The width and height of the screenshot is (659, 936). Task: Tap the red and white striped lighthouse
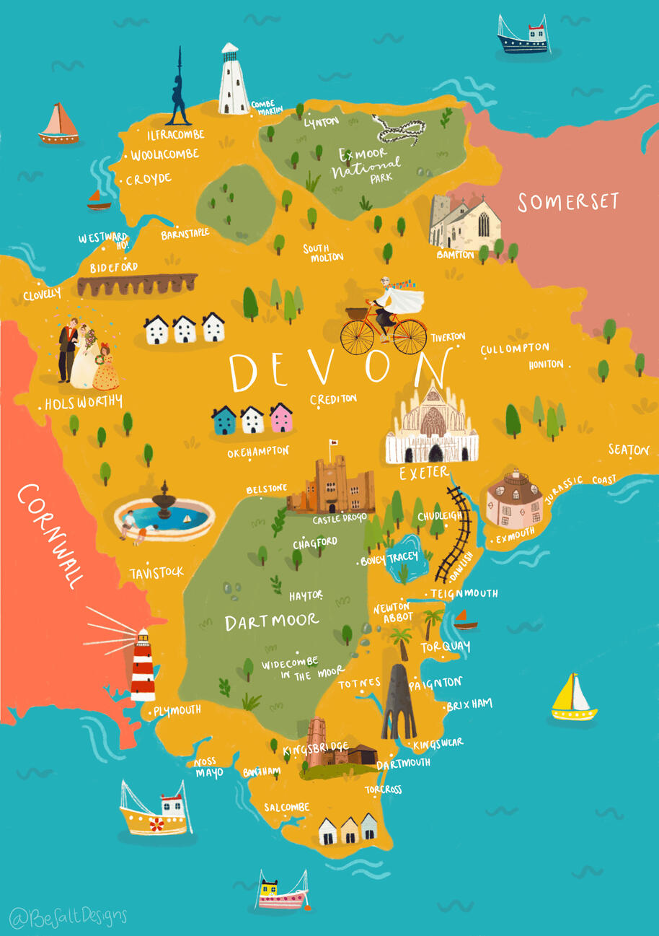[143, 665]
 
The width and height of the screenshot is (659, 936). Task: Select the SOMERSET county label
[568, 202]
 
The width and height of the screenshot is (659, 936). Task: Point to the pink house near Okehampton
[280, 418]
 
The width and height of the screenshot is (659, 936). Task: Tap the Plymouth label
[177, 710]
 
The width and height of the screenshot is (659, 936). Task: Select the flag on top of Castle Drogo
[334, 442]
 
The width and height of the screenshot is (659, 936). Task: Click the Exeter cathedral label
[424, 473]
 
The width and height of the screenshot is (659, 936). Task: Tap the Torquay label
[446, 646]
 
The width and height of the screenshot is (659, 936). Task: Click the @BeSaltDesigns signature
[68, 917]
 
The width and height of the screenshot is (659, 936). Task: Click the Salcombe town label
[286, 807]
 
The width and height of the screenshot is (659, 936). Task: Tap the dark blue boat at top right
[523, 38]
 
